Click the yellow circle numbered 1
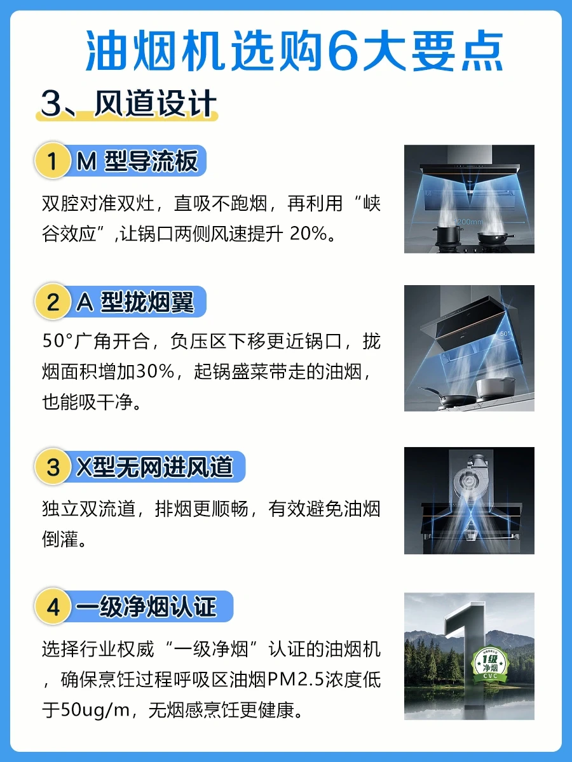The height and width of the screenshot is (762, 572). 53,161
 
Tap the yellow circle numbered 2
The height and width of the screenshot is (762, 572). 53,302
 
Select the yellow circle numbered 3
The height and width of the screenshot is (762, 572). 53,467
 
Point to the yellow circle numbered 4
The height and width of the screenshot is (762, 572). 53,606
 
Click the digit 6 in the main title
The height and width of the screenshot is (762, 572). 342,51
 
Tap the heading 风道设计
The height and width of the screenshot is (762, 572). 156,104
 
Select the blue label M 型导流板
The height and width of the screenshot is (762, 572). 137,161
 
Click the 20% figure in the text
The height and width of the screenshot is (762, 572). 308,233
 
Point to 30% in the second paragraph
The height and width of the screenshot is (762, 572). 155,371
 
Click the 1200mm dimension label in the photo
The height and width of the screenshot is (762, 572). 468,222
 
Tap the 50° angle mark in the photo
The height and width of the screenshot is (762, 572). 504,333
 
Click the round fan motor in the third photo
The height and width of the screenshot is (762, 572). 469,481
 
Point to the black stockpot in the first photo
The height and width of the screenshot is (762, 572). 447,234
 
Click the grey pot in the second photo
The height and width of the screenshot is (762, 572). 496,388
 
